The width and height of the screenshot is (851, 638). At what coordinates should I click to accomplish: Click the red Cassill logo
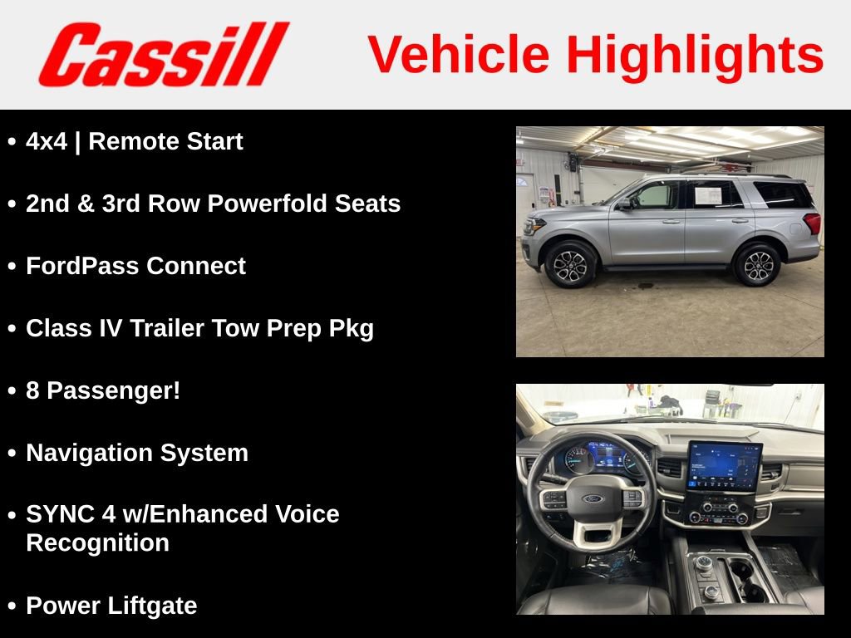(x=163, y=55)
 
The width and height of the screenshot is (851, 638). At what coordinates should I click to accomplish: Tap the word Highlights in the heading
(x=695, y=55)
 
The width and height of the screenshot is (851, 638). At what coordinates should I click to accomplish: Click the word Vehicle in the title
(x=459, y=55)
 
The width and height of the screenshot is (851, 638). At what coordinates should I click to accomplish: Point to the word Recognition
(x=97, y=543)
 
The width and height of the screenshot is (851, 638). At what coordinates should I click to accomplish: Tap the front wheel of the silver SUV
(x=571, y=263)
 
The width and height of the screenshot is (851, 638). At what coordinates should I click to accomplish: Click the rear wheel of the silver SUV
(x=757, y=264)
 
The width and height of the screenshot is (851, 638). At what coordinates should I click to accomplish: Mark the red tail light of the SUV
(x=812, y=223)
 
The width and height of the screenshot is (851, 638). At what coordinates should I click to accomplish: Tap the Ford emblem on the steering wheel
(x=592, y=499)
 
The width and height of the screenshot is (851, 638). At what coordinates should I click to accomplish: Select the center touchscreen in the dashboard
(x=724, y=466)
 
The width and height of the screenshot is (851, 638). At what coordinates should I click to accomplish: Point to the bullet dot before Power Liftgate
(x=12, y=607)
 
